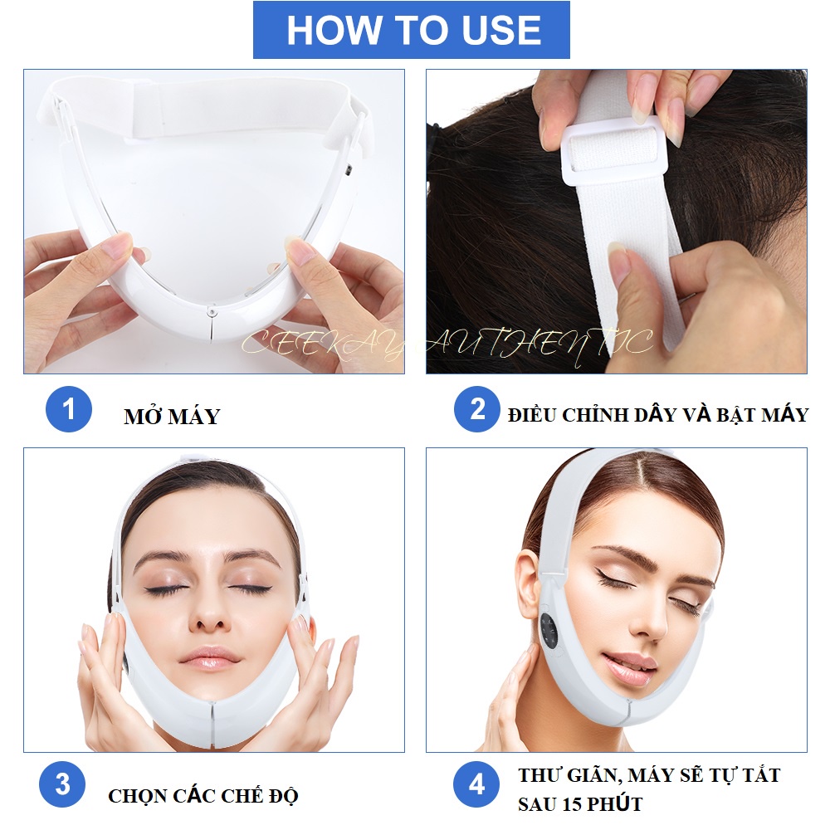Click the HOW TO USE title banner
click(412, 30)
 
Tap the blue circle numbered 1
click(67, 409)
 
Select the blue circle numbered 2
click(476, 409)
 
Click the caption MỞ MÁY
click(172, 417)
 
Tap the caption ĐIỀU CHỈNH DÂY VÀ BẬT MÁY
click(657, 415)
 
